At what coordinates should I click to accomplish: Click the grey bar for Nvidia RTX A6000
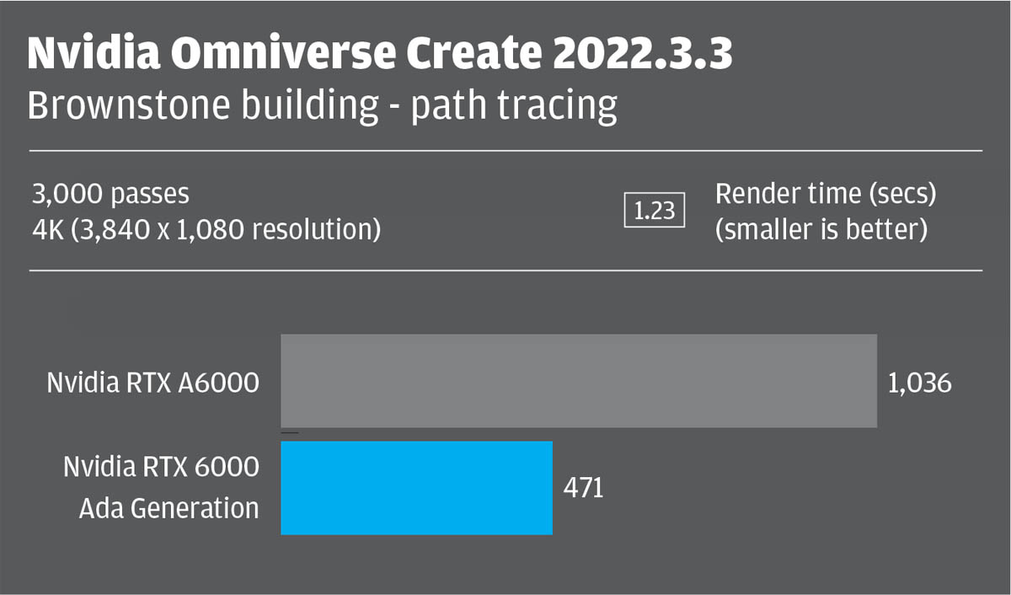point(578,381)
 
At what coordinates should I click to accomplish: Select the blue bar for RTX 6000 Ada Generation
point(416,487)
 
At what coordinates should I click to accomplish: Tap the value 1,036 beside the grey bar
point(919,383)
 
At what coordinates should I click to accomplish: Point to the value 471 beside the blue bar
point(584,488)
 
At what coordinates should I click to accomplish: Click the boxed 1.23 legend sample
point(655,211)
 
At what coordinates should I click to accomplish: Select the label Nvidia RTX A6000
point(152,383)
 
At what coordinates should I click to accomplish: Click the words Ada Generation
point(169,508)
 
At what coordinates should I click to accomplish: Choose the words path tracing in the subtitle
point(514,107)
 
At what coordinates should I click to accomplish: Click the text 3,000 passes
point(110,195)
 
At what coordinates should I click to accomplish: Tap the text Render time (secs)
point(825,195)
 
